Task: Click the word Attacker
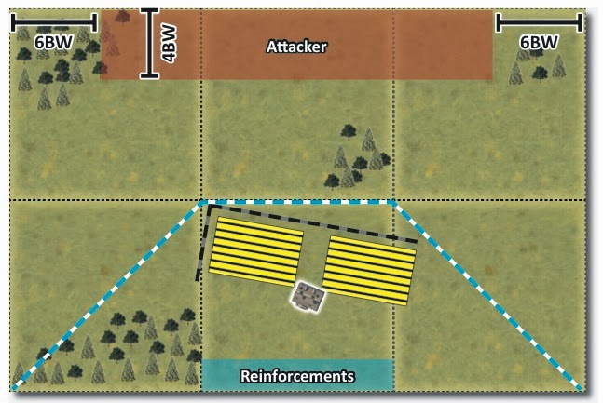(x=296, y=47)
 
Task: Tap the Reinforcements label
(x=297, y=376)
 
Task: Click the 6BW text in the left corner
(x=52, y=42)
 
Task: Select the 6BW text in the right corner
(x=540, y=42)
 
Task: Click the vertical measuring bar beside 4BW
(x=149, y=44)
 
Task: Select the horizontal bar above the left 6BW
(x=53, y=19)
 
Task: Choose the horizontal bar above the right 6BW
(x=540, y=19)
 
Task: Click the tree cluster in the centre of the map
(x=356, y=156)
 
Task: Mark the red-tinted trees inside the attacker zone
(x=111, y=37)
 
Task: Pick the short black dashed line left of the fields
(x=201, y=242)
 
